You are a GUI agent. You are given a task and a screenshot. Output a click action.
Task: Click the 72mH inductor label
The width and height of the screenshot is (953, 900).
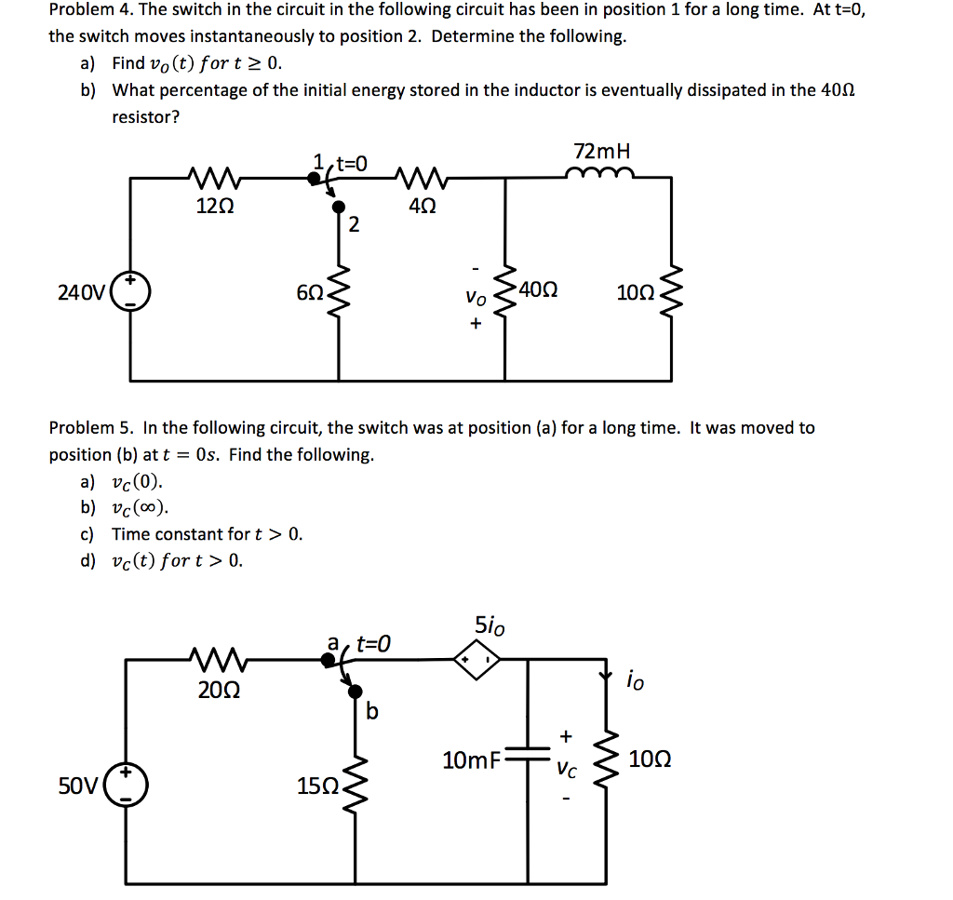(602, 151)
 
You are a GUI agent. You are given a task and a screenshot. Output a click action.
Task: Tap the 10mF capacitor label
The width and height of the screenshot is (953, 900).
(471, 760)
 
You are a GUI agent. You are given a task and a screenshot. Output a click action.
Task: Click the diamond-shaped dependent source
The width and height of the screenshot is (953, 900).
(477, 660)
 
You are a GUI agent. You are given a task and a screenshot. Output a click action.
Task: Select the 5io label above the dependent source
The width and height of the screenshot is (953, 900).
(490, 626)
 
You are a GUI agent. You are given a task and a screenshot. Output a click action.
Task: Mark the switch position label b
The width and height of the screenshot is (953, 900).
(372, 712)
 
